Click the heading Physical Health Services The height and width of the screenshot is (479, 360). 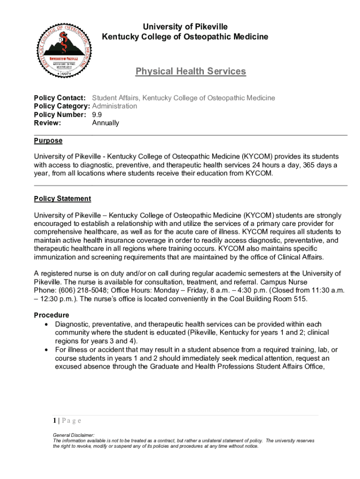click(190, 72)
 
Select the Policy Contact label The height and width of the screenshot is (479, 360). click(60, 98)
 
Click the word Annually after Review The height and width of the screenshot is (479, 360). click(105, 123)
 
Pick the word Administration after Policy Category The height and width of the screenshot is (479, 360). click(115, 106)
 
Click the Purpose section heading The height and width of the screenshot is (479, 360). click(48, 141)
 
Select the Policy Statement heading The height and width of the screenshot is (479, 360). click(63, 199)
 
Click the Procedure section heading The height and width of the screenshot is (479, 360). click(51, 315)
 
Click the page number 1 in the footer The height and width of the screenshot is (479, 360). click(55, 421)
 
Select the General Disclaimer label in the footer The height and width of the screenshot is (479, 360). click(74, 435)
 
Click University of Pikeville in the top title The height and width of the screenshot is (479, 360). click(185, 27)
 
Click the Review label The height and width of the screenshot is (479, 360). click(48, 123)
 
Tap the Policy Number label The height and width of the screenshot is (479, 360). click(60, 115)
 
